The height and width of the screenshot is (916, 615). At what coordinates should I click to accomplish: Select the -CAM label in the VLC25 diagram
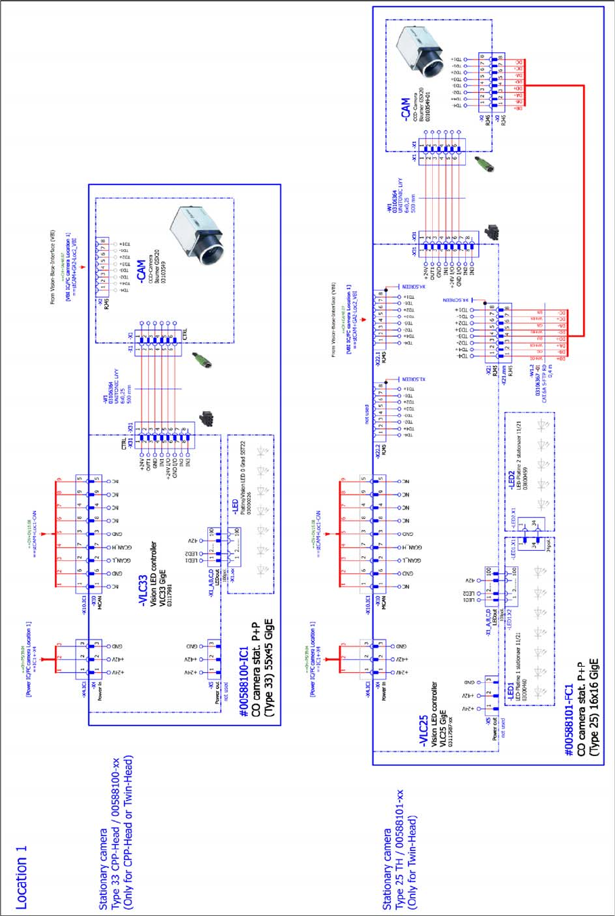[x=404, y=110]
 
